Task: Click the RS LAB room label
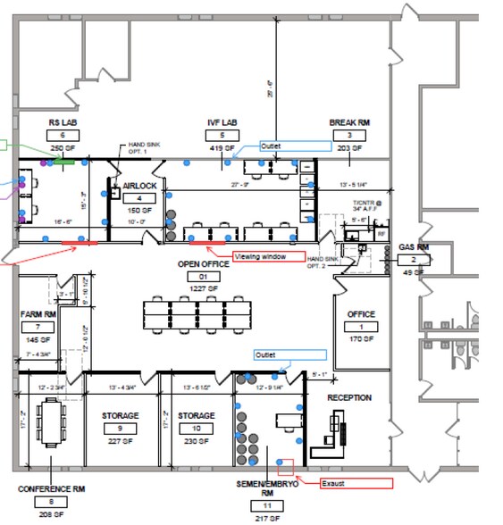click(x=63, y=122)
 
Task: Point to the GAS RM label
click(x=414, y=246)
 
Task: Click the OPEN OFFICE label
click(x=203, y=264)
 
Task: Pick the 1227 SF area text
click(x=203, y=288)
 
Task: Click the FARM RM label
click(x=38, y=314)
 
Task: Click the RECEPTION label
click(x=349, y=397)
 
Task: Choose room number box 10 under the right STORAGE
click(x=196, y=429)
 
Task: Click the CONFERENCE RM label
click(x=51, y=489)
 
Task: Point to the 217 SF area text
click(x=267, y=517)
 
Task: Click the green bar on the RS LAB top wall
click(x=64, y=162)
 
